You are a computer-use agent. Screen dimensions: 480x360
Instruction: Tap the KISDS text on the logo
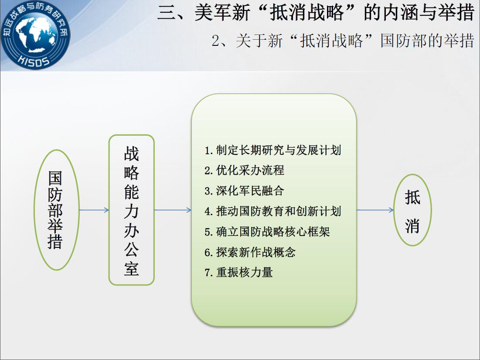click(x=34, y=61)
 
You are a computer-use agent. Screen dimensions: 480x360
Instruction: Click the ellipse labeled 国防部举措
click(x=57, y=210)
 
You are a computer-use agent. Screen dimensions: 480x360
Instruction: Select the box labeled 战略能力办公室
click(x=132, y=210)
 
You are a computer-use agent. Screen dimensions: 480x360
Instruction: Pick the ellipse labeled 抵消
click(x=412, y=210)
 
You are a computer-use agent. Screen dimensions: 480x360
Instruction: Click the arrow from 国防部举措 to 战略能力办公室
click(x=94, y=210)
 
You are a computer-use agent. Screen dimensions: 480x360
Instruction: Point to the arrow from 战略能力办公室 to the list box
click(x=173, y=210)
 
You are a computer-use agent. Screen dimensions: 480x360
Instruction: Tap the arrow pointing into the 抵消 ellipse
click(x=375, y=210)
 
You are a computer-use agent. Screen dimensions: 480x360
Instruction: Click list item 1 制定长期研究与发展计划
click(x=273, y=150)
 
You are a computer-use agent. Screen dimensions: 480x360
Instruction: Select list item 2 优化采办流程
click(x=244, y=170)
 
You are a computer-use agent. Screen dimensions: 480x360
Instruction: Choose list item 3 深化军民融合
click(x=244, y=191)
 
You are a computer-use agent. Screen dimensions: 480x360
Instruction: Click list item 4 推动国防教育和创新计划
click(x=273, y=211)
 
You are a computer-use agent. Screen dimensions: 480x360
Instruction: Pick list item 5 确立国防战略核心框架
click(x=267, y=232)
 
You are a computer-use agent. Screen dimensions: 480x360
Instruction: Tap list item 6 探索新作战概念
click(x=250, y=252)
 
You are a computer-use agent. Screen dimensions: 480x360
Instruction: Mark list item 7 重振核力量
click(x=238, y=272)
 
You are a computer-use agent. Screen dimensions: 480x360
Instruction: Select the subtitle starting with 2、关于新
click(x=343, y=41)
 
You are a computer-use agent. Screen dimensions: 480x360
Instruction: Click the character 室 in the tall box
click(x=132, y=269)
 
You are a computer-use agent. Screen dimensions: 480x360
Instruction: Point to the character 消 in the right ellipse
click(x=412, y=226)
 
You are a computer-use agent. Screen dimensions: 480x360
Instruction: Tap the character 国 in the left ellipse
click(x=55, y=178)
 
